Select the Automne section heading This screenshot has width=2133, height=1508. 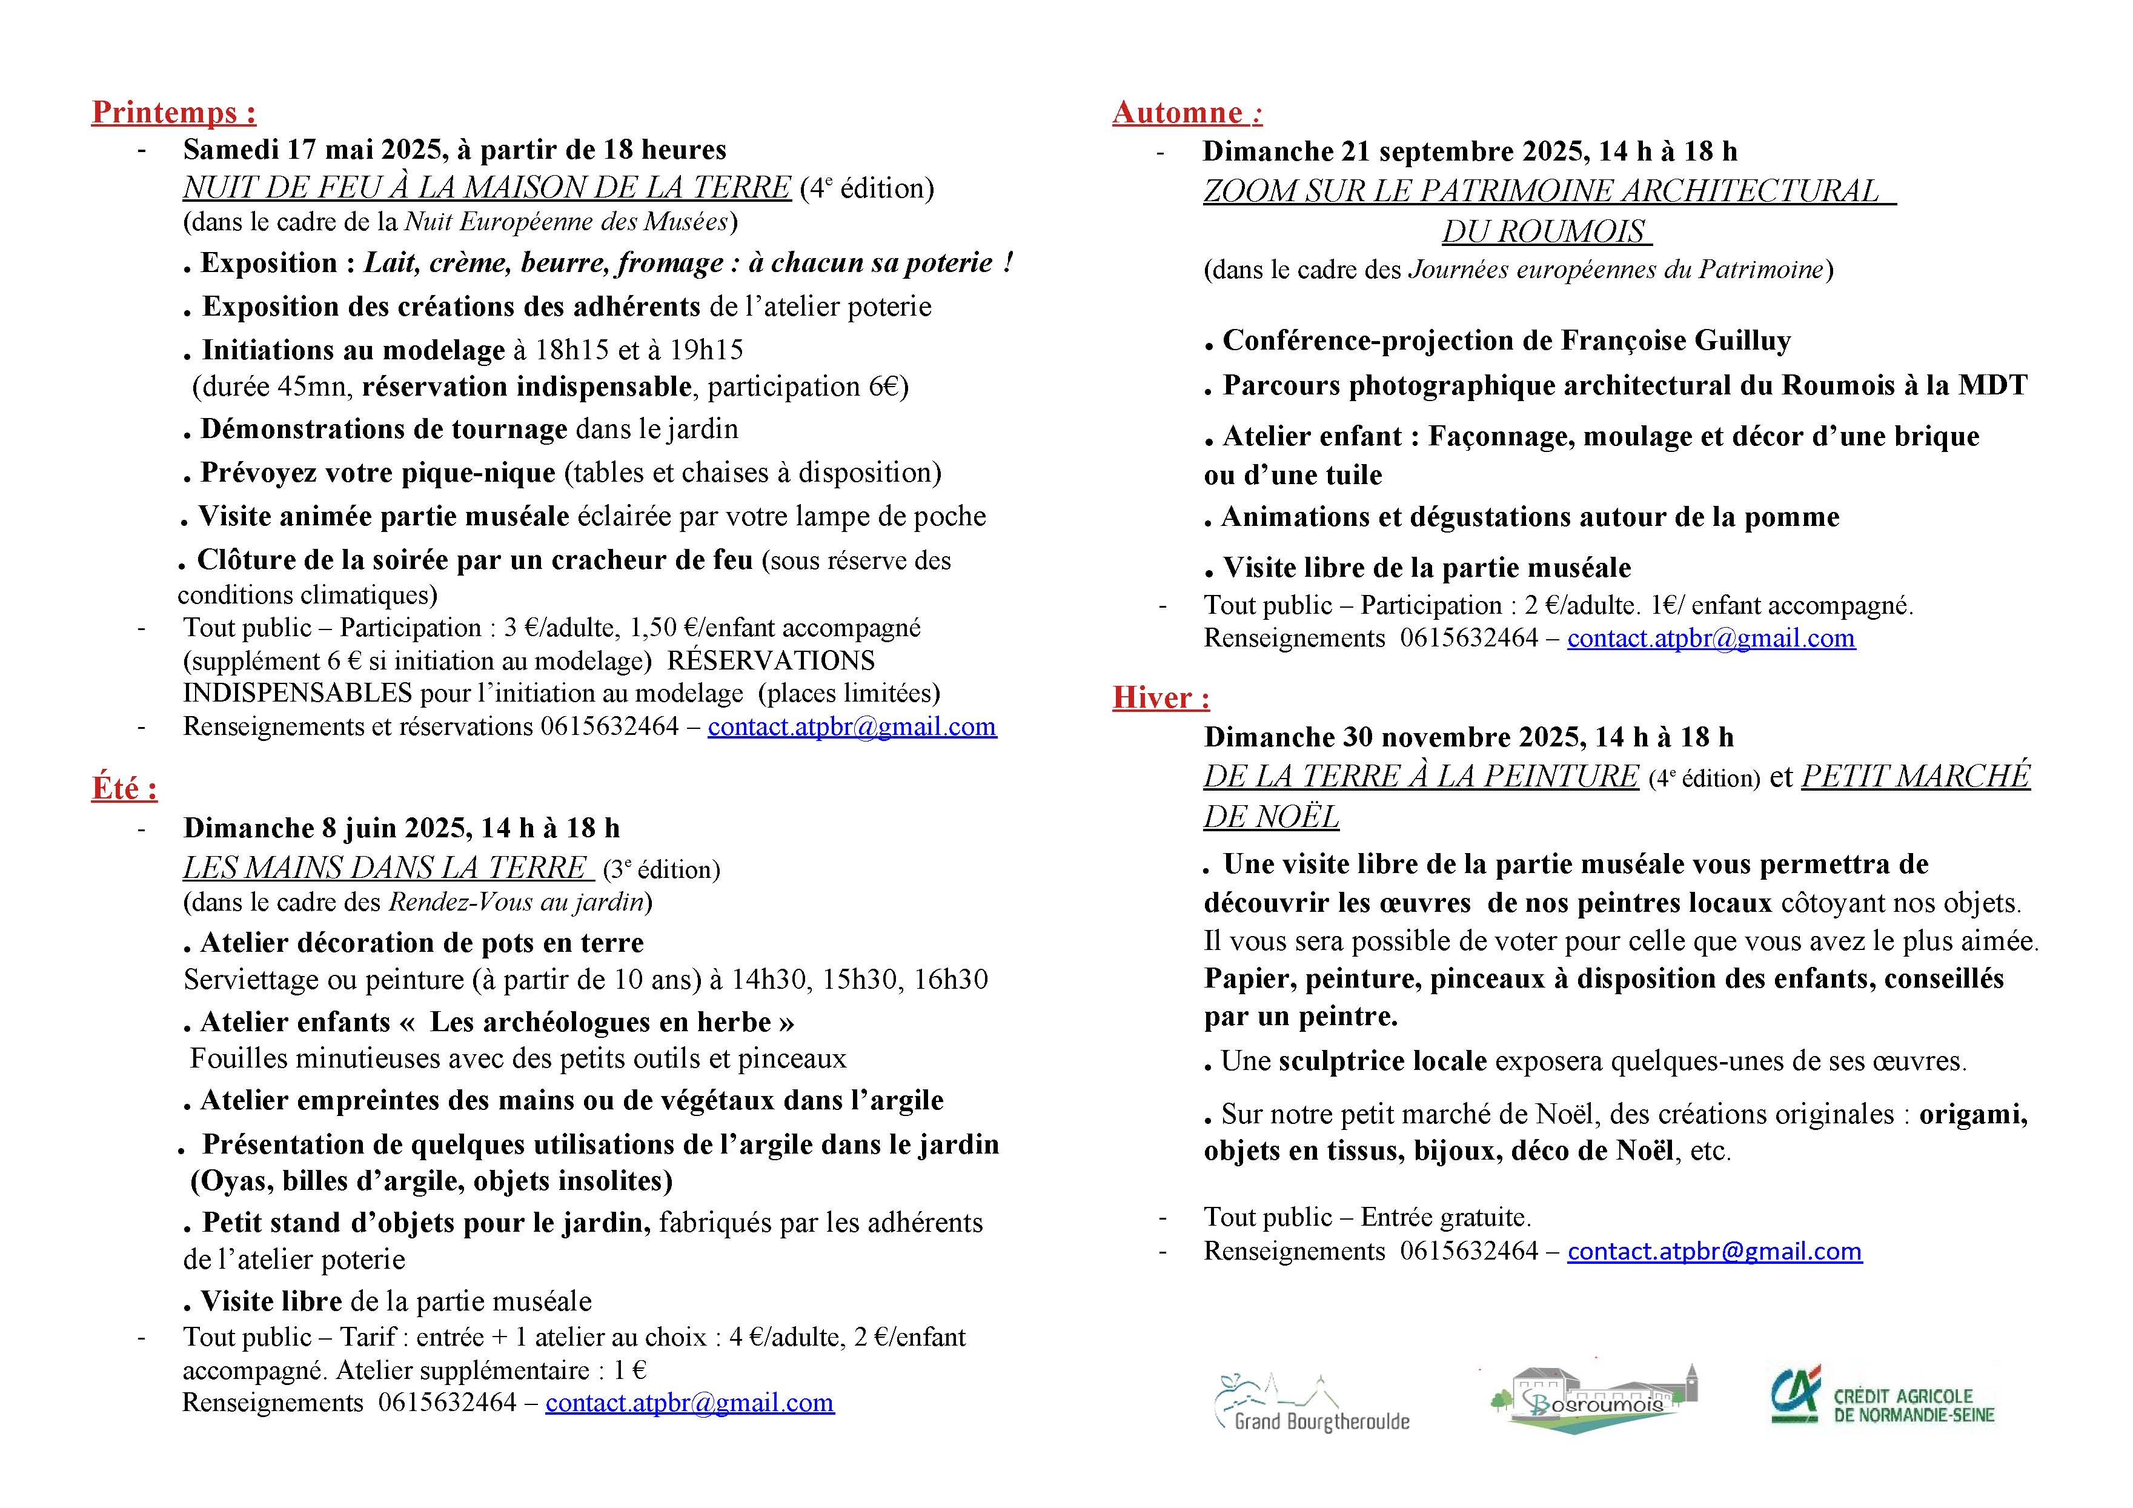1186,113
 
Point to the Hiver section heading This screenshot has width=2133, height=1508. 1160,698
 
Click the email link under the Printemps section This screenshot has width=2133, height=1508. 852,726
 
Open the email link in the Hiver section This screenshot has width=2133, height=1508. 1714,1252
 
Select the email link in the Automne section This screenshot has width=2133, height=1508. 1711,639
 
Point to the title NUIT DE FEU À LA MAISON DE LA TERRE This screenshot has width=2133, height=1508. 487,188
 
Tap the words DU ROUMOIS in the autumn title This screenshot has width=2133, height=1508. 1546,231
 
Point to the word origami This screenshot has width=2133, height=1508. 1972,1114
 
